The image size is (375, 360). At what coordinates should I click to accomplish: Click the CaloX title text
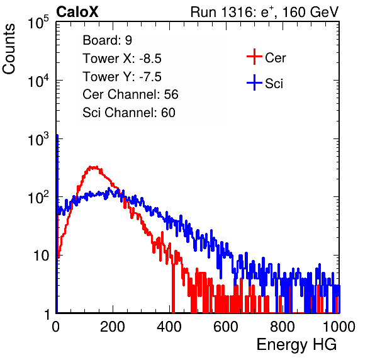click(77, 12)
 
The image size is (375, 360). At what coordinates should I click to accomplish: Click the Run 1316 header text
click(264, 12)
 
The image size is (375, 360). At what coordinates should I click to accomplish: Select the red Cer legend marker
click(254, 57)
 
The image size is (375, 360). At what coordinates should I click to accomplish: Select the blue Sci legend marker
click(254, 82)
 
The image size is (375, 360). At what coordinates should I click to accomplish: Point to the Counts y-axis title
click(9, 49)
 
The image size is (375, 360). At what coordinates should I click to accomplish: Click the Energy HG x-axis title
click(296, 345)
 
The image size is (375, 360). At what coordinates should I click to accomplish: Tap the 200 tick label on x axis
click(113, 327)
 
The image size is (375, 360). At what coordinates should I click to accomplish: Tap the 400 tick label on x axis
click(169, 327)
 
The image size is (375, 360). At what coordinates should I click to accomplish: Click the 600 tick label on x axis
click(226, 327)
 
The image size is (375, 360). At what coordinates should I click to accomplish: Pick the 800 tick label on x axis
click(283, 327)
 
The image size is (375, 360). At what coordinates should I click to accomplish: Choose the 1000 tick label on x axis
click(339, 327)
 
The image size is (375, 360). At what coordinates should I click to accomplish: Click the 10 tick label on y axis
click(41, 256)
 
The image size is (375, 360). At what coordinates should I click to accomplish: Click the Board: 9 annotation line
click(108, 40)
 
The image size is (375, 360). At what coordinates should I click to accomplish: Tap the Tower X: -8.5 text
click(122, 59)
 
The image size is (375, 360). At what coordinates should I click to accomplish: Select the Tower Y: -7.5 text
click(122, 77)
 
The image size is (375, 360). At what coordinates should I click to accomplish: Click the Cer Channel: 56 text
click(130, 94)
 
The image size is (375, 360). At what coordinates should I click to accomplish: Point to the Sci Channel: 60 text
click(129, 113)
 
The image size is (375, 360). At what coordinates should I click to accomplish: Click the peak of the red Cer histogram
click(94, 167)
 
